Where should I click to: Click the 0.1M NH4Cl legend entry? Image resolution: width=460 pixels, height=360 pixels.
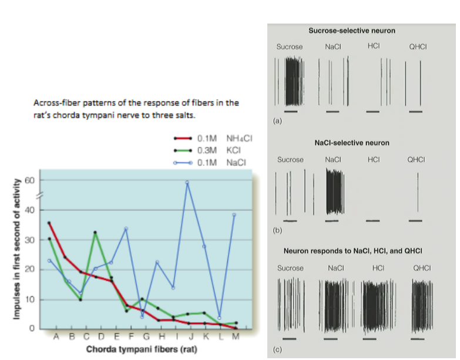coord(224,139)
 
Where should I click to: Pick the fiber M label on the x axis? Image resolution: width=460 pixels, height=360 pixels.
coord(236,337)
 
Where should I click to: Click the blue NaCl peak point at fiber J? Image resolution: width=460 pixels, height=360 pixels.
coord(187,182)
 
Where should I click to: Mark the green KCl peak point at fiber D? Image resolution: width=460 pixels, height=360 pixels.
coord(95,233)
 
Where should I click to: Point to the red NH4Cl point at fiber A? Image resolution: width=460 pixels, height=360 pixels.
coord(49,223)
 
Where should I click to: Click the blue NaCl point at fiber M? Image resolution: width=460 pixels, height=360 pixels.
coord(234,214)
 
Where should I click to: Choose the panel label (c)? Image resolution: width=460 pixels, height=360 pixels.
coord(278,351)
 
